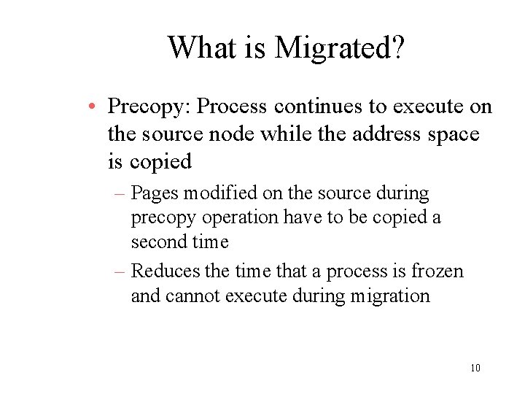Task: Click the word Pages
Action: (155, 194)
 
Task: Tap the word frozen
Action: (437, 271)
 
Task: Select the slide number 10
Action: (475, 368)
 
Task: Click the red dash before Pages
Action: (120, 194)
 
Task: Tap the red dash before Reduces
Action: (120, 271)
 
